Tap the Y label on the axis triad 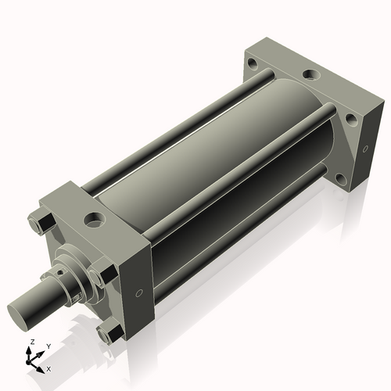[x=48, y=346]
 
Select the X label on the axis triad [x=49, y=368]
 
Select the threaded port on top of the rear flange [x=311, y=75]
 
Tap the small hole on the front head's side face [x=139, y=293]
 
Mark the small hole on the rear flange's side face [x=364, y=149]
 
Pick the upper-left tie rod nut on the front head [x=40, y=224]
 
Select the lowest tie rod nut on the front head [x=109, y=334]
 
